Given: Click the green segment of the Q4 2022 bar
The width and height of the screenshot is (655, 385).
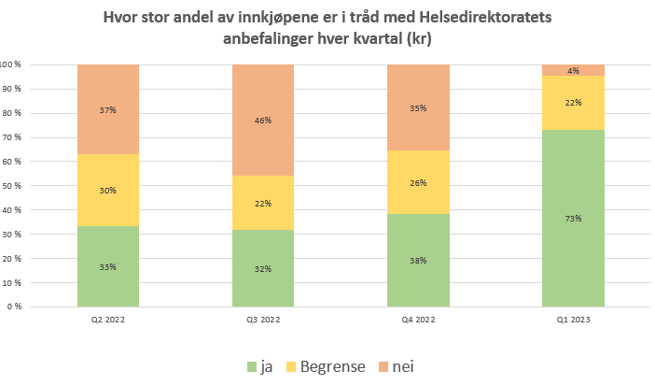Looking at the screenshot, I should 418,280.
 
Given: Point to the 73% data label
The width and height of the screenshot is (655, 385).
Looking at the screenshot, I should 573,219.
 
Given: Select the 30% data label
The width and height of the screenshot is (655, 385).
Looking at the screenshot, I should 108,191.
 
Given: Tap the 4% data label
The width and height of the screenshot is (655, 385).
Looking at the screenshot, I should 573,71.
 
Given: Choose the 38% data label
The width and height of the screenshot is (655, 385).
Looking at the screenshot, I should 418,261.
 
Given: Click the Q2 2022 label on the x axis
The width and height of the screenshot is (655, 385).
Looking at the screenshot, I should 108,320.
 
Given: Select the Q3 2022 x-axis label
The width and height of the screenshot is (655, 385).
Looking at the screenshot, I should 263,320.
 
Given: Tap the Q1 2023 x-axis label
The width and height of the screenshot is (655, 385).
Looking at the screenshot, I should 573,320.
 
